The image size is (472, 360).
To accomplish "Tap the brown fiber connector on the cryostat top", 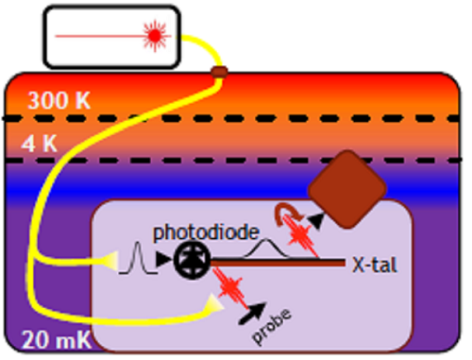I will click(220, 72).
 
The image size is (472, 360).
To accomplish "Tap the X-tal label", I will click(374, 265).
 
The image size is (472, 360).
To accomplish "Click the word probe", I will click(274, 325).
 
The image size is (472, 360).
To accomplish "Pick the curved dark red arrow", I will click(282, 216).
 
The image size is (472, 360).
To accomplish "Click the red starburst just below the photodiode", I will click(229, 284).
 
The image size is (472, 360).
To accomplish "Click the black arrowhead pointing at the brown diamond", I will click(315, 219).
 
